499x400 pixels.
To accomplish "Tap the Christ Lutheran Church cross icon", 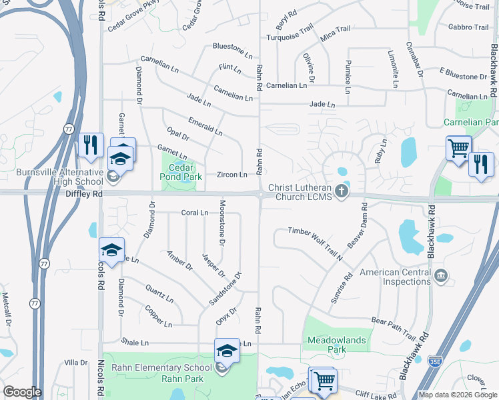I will (x=342, y=192).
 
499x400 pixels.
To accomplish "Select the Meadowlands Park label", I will (x=336, y=344).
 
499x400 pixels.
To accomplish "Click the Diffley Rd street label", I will (x=84, y=194).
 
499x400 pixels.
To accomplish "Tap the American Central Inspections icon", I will (x=440, y=275).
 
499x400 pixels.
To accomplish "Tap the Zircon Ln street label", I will (x=232, y=175).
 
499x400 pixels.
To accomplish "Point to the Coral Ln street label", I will (x=195, y=213).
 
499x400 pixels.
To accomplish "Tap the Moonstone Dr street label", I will (x=222, y=222).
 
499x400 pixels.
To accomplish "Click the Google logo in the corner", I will (x=22, y=392).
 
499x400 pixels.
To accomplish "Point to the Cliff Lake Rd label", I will (x=376, y=395).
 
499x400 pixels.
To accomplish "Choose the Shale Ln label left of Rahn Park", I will (x=135, y=343).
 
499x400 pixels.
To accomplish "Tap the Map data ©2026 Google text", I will (x=457, y=395).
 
